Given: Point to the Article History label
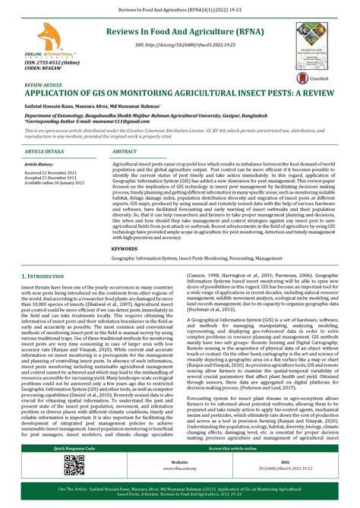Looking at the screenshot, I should coord(39,164).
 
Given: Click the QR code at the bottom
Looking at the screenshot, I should coord(71,464).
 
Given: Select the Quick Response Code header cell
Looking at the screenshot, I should coord(71,448).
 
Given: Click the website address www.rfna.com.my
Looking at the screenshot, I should coord(180,467).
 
